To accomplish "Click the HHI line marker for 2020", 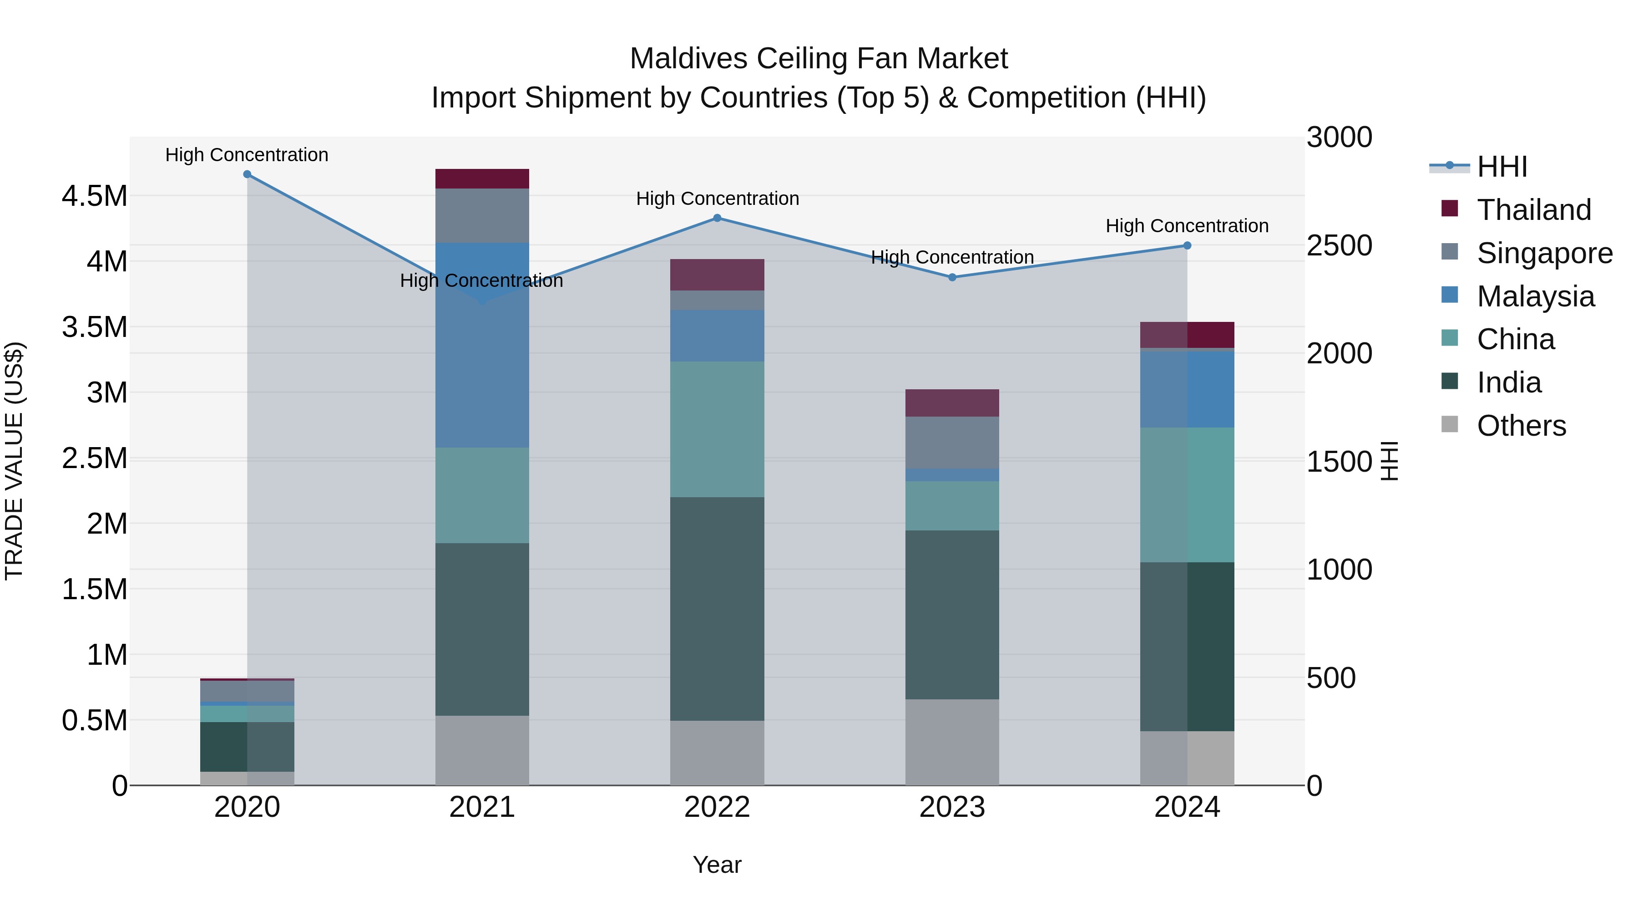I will click(248, 174).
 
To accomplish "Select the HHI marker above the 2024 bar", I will click(1187, 245).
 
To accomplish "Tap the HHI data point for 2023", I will click(952, 277).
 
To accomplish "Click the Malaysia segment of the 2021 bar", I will click(482, 357).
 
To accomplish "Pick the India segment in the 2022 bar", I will click(717, 608).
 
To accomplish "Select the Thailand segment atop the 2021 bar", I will click(482, 179).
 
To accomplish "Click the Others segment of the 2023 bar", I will click(952, 742).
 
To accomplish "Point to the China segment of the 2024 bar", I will click(1187, 494).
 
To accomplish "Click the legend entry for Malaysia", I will click(1535, 296).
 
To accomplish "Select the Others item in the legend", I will click(1521, 426).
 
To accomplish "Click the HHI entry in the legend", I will click(1501, 167).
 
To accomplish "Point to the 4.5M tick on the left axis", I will click(94, 196).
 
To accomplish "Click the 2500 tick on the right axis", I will click(1339, 245).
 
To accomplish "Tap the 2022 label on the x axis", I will click(717, 807).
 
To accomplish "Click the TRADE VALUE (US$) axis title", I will click(14, 461).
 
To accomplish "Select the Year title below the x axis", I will click(717, 865).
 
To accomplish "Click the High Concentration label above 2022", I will click(717, 199).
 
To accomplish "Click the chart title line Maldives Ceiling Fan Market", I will click(819, 59).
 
